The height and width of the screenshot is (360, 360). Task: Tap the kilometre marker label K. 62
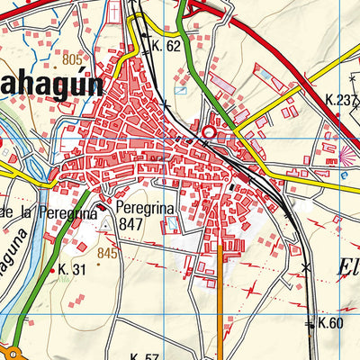(x=167, y=45)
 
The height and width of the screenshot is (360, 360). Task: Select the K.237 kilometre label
(x=341, y=101)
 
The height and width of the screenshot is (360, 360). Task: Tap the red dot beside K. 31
(x=61, y=269)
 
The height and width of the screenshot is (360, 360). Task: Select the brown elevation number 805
(x=73, y=60)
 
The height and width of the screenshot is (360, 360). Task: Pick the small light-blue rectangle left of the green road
(x=180, y=90)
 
